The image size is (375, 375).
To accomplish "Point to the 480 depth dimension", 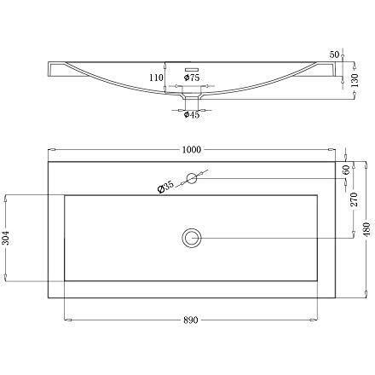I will click(x=364, y=228).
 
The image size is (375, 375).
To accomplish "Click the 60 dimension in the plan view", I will click(x=345, y=170).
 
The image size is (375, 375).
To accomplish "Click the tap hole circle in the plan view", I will click(x=192, y=178).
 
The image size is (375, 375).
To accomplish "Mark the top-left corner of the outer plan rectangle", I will click(x=48, y=160).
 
